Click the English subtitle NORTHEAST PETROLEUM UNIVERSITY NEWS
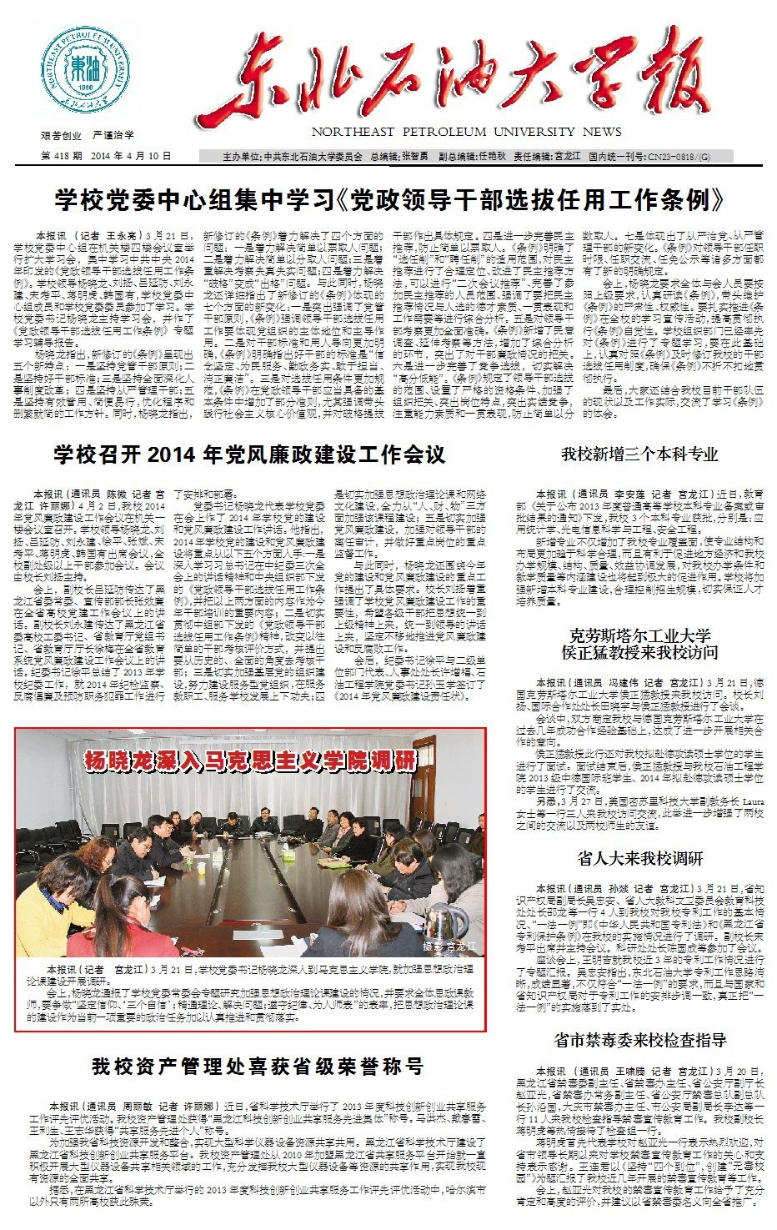[x=466, y=132]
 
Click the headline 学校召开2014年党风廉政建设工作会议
[x=249, y=454]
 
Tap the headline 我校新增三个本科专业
[x=639, y=454]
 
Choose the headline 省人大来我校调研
[x=639, y=858]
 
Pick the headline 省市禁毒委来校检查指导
[x=639, y=1040]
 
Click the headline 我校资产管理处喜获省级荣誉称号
[x=258, y=1065]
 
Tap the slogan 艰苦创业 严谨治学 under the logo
[x=87, y=134]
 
